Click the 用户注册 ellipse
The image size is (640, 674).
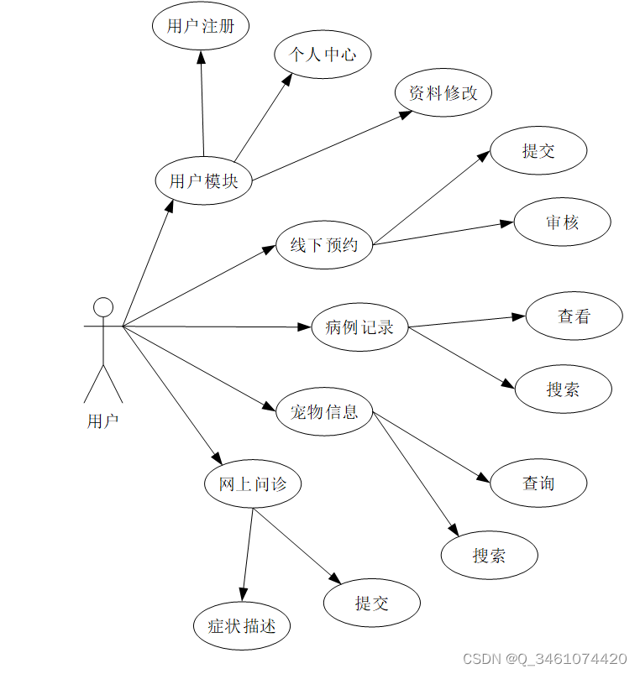pos(200,26)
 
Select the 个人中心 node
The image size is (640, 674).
pos(323,55)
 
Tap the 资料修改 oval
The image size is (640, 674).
pos(443,93)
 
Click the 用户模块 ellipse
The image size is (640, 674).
pos(204,180)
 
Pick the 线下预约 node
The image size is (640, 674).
pos(324,245)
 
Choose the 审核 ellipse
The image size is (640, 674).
pos(563,222)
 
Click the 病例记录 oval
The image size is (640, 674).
pos(359,327)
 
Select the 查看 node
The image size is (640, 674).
pos(574,316)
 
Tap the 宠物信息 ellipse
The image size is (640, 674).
pos(324,411)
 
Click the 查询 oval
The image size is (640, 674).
pos(538,483)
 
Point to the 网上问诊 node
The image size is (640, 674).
pos(253,484)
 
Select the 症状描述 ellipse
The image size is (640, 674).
pos(242,625)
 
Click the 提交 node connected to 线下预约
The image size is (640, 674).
pos(538,151)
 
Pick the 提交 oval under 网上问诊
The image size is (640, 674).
pos(372,603)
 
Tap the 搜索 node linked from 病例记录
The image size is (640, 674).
pos(563,389)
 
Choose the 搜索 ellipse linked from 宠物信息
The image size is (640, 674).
pos(490,555)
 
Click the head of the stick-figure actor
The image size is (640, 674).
pos(102,306)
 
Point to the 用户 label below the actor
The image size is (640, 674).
pos(103,421)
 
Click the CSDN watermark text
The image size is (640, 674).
pos(545,659)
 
